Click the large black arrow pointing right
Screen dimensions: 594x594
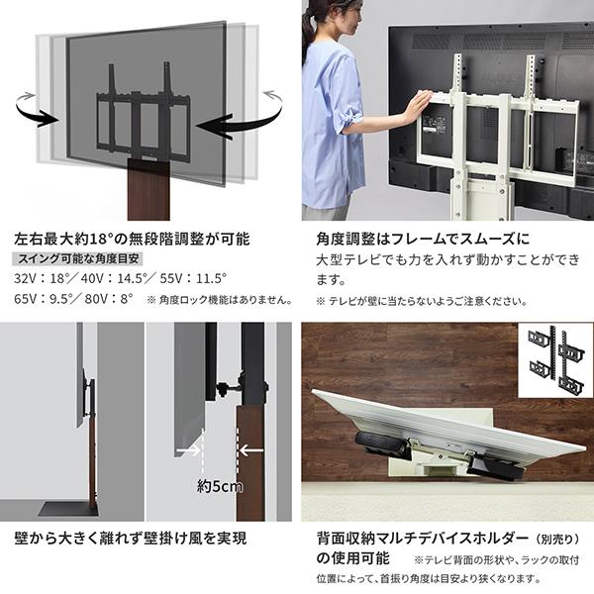pos(36,113)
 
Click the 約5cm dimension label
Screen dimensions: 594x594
pos(220,486)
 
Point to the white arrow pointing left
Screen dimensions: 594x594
pos(251,450)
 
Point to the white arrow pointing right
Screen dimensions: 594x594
pos(189,450)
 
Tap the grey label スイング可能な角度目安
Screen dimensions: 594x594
pos(77,258)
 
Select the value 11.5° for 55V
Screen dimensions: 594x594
pos(212,279)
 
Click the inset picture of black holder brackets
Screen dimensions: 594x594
pos(555,360)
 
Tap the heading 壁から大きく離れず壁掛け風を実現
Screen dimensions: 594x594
pos(131,538)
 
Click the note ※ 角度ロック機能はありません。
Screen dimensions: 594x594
pos(220,300)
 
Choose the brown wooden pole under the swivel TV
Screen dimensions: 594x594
pos(148,190)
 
